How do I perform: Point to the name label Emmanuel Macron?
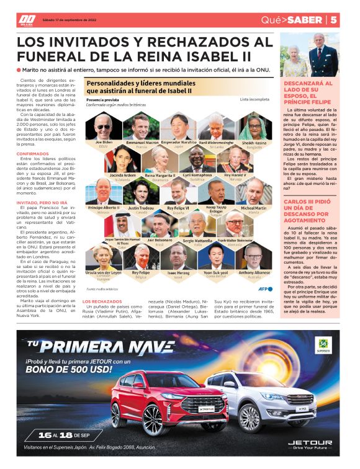142,143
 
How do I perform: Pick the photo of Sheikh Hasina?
251,127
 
